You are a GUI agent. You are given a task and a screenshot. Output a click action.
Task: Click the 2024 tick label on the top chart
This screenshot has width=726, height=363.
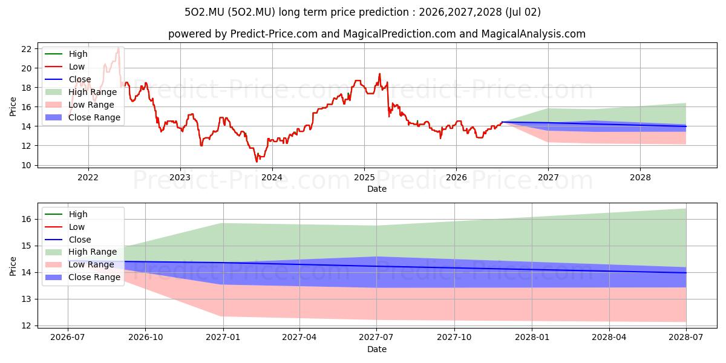click(x=272, y=178)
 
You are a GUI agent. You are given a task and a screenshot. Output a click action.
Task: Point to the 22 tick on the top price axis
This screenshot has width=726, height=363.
click(x=26, y=49)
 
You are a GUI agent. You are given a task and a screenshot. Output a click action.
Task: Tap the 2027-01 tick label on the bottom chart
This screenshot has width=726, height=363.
click(x=223, y=338)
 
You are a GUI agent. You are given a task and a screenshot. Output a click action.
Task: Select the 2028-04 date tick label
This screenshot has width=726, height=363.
click(x=609, y=338)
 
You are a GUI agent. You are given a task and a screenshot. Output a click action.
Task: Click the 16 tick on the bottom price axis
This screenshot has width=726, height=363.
click(x=26, y=220)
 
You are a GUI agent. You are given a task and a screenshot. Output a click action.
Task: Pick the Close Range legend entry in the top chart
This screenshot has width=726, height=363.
click(x=82, y=117)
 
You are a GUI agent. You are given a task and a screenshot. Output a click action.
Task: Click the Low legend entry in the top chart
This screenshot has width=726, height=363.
click(x=65, y=67)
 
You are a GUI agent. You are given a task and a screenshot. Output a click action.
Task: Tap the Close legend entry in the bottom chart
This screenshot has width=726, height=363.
click(x=68, y=240)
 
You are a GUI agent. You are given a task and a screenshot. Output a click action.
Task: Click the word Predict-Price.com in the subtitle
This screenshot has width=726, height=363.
click(x=274, y=34)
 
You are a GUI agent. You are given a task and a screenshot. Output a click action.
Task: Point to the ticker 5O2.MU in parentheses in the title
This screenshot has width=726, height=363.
click(x=252, y=12)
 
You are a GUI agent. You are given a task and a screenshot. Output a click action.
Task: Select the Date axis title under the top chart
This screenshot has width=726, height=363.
click(x=376, y=189)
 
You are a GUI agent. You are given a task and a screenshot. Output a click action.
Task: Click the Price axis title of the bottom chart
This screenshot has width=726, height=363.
click(x=13, y=266)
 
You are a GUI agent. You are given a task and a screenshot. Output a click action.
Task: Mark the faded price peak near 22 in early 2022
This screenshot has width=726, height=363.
click(x=119, y=48)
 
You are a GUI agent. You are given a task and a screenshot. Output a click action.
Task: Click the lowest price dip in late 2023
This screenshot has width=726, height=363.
click(x=257, y=161)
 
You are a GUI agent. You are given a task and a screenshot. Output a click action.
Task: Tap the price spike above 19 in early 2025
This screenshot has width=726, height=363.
click(x=379, y=74)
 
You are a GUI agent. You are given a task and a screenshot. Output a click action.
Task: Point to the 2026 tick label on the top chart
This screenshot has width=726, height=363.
click(x=456, y=178)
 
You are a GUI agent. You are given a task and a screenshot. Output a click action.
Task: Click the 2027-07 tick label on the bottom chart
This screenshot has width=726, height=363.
click(x=376, y=338)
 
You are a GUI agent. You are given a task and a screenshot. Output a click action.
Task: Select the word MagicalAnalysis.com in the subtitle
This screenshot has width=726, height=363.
click(x=533, y=34)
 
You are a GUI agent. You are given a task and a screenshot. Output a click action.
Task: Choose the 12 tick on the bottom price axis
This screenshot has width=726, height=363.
click(x=26, y=325)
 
